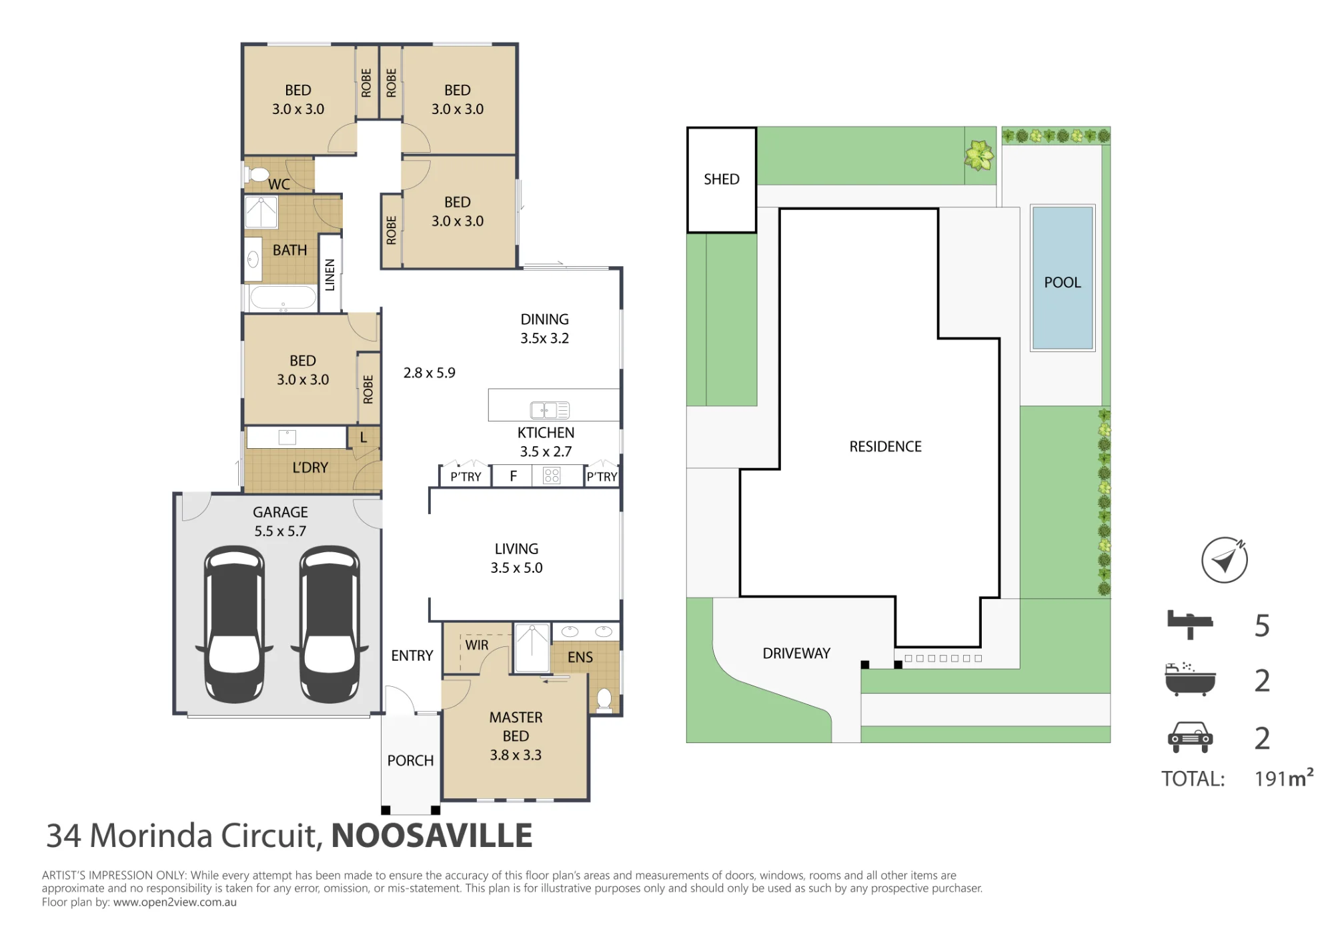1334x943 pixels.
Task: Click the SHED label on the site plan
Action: click(x=721, y=179)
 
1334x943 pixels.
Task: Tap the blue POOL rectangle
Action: click(x=1063, y=277)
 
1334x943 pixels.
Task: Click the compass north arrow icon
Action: click(x=1225, y=560)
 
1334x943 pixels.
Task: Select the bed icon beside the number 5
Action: click(x=1190, y=624)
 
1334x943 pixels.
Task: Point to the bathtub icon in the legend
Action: click(x=1190, y=680)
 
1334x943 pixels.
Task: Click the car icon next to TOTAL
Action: click(x=1191, y=737)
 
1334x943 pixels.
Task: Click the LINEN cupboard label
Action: click(x=329, y=275)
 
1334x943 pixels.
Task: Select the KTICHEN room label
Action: click(x=546, y=433)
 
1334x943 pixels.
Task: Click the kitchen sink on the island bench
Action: click(x=550, y=409)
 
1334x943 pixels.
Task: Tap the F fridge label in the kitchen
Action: click(x=513, y=476)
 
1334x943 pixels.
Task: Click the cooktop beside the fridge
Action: click(x=552, y=476)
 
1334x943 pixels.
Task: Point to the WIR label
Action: click(x=477, y=645)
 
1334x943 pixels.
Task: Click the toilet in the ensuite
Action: click(x=604, y=700)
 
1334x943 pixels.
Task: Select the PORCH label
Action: click(x=410, y=761)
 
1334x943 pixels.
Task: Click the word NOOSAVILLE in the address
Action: click(x=432, y=836)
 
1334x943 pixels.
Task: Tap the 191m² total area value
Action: click(x=1284, y=777)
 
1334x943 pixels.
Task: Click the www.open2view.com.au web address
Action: click(x=175, y=902)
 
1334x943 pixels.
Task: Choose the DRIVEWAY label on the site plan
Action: click(x=796, y=654)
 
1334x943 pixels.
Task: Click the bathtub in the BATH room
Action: click(x=283, y=299)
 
